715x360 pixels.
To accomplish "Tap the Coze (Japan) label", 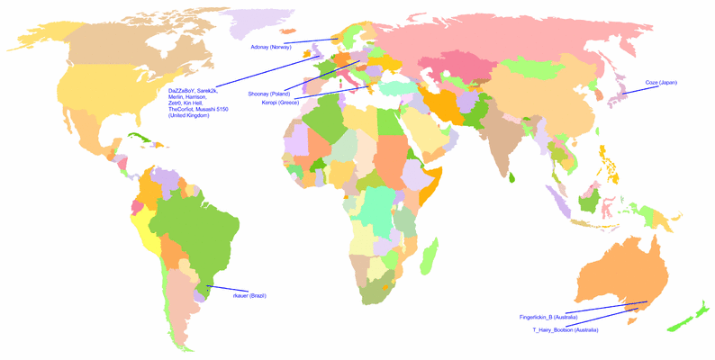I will pyautogui.click(x=661, y=83).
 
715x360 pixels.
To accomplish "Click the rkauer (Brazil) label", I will pyautogui.click(x=249, y=295).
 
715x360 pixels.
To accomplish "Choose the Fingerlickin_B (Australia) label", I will pyautogui.click(x=548, y=318).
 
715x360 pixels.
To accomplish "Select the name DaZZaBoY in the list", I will pyautogui.click(x=183, y=91).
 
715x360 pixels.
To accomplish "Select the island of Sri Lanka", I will pyautogui.click(x=511, y=177).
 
